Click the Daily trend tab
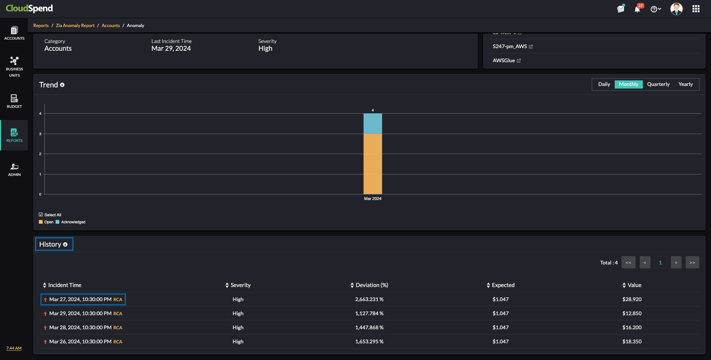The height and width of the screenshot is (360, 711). coord(604,84)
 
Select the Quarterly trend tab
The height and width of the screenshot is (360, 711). coord(658,84)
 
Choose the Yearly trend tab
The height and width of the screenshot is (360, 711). coord(685,84)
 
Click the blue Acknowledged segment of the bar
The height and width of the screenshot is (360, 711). coord(373,124)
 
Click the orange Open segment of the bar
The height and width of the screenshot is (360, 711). coord(373,164)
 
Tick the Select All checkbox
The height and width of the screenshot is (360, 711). coord(41,214)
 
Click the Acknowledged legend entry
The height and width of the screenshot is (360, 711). coord(73,222)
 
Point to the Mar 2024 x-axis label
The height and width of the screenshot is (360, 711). coord(373,199)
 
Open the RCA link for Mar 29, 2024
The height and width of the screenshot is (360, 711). coord(118,314)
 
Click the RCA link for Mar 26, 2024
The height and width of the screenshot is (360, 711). coord(118,342)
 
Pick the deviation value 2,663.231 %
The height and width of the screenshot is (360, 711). coord(369,299)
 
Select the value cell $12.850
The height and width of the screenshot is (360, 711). coord(632,313)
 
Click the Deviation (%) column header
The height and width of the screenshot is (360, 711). coord(371,285)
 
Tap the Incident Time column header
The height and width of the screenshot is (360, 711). coord(64,285)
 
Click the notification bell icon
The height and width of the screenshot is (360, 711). coord(637,9)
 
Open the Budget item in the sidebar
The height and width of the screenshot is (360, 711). coord(14,101)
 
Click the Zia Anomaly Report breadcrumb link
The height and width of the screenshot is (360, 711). coord(75,26)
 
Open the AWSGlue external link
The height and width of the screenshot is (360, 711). coord(518,61)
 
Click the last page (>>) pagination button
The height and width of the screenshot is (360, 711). coord(692,263)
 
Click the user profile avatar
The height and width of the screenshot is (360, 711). coord(676,9)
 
